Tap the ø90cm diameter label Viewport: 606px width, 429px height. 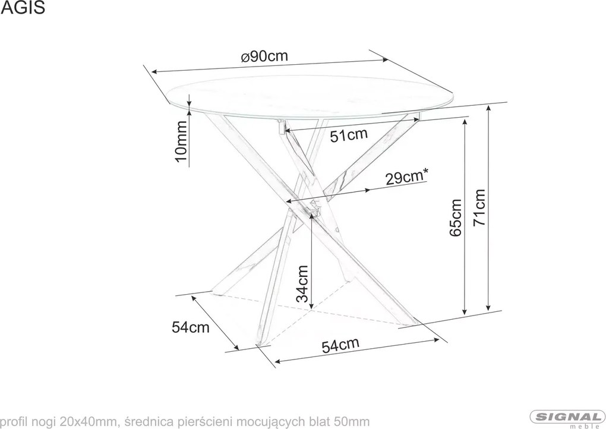click(265, 57)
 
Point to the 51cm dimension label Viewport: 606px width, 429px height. click(349, 135)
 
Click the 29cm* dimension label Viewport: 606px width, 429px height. click(407, 176)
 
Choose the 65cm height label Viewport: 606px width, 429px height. click(456, 218)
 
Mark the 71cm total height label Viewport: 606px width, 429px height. click(480, 208)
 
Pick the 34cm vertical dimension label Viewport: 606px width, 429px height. click(302, 284)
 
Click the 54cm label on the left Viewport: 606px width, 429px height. click(190, 327)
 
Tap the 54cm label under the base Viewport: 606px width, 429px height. click(340, 345)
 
